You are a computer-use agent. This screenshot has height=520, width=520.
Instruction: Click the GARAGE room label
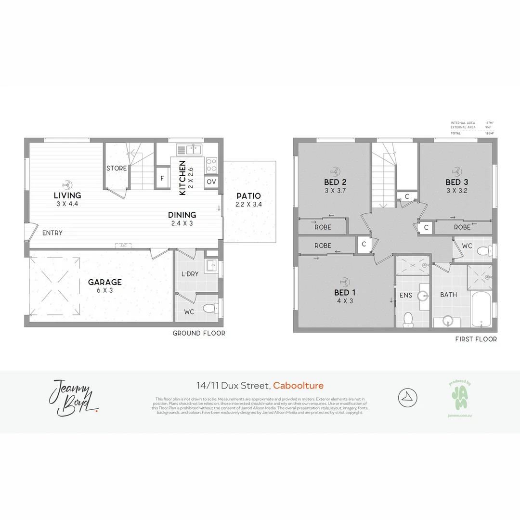point(104,282)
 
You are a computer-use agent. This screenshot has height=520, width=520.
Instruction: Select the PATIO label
point(248,196)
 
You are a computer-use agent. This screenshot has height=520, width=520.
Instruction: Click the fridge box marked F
point(162,177)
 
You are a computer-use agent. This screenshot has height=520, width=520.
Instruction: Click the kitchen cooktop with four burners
point(211,166)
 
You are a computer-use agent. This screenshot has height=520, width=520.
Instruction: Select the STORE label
point(117,169)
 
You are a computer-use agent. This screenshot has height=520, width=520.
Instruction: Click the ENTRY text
point(52,233)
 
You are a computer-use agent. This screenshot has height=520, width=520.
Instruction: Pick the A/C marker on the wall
point(123,246)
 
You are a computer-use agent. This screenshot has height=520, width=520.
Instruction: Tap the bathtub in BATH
point(481,309)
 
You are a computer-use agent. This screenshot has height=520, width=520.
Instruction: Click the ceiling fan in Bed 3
point(456,171)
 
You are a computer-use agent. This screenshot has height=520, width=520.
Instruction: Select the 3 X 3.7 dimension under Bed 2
point(336,191)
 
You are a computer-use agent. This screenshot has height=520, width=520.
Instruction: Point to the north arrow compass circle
point(407,397)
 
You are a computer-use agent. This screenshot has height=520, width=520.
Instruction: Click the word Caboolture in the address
point(298,386)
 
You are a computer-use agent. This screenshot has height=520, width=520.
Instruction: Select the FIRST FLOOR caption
point(476,339)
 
